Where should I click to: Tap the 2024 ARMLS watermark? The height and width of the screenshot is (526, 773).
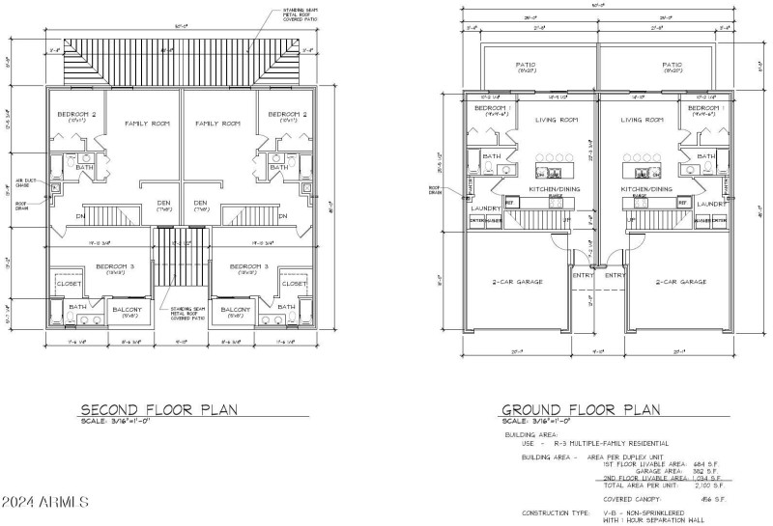pyautogui.click(x=46, y=503)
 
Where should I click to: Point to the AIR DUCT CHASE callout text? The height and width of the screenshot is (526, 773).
pyautogui.click(x=24, y=182)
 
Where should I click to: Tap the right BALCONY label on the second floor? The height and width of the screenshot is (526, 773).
pyautogui.click(x=236, y=311)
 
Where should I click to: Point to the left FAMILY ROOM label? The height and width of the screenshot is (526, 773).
pyautogui.click(x=146, y=124)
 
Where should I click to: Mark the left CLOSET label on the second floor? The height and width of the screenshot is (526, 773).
pyautogui.click(x=70, y=284)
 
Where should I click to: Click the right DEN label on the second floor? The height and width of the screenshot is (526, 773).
pyautogui.click(x=201, y=203)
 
